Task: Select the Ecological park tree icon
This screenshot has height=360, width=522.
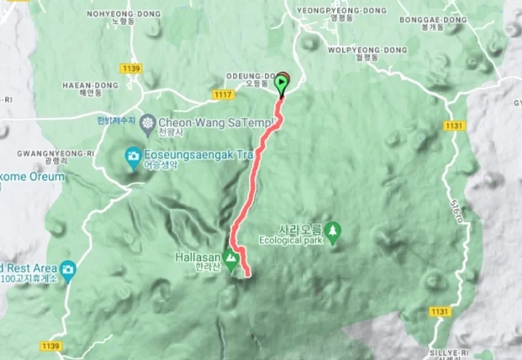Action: tap(334, 228)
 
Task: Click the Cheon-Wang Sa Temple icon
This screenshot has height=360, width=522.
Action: tap(148, 122)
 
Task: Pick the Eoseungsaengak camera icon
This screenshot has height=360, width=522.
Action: tap(133, 156)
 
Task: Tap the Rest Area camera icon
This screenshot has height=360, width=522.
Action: tap(67, 269)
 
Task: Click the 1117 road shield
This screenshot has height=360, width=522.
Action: tap(223, 94)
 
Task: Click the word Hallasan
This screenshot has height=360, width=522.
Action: tap(198, 257)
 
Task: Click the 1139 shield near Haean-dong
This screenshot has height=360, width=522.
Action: tap(130, 67)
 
